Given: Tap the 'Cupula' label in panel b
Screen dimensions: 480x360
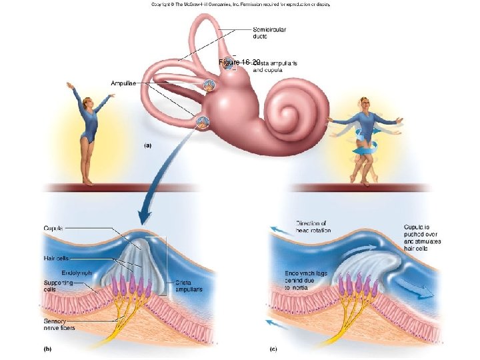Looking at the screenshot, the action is (53, 229).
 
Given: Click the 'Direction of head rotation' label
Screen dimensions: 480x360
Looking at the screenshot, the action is (313, 227).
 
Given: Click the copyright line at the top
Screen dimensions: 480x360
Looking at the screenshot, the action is (241, 4).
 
